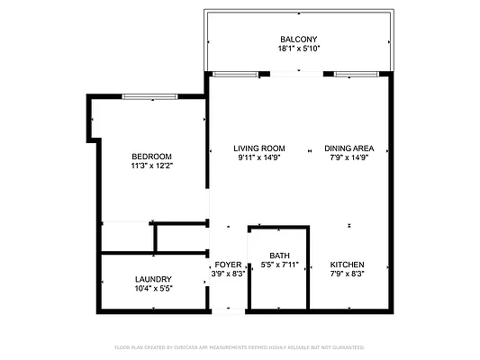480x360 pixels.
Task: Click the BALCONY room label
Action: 298,39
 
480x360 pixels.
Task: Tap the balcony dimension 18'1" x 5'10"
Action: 298,49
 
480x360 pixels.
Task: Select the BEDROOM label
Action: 151,156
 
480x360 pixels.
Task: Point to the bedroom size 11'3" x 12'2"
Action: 151,166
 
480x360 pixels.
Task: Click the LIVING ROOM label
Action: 259,148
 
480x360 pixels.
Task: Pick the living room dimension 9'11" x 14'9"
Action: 259,158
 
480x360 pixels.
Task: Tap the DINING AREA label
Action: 349,148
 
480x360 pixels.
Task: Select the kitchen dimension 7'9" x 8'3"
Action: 347,274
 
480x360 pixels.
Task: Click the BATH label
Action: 279,255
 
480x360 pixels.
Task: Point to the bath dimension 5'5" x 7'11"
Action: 279,265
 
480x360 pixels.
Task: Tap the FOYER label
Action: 228,265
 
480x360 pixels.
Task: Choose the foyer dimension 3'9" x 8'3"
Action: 228,274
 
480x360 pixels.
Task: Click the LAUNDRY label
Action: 153,279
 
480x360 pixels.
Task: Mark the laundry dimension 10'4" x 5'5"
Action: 153,289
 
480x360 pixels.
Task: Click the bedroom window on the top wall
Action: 150,96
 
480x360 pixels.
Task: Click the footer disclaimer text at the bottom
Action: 240,346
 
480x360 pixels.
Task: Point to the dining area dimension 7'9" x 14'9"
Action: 349,158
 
